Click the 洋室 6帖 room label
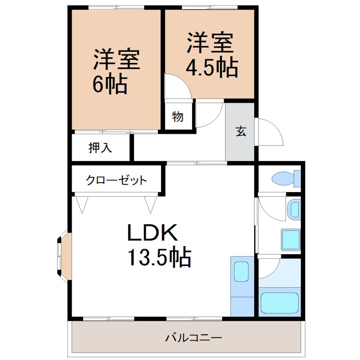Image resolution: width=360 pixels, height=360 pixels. click(x=116, y=71)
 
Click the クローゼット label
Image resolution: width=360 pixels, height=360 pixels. click(x=117, y=181)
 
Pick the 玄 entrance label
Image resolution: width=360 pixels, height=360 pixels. click(x=241, y=132)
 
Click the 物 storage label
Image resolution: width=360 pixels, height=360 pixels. click(x=178, y=117)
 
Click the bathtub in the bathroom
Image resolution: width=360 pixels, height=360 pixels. click(x=279, y=303)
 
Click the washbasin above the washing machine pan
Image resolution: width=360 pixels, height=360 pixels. click(x=294, y=210)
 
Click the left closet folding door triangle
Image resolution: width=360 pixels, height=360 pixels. click(x=82, y=204)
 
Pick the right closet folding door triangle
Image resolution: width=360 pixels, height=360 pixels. click(x=151, y=204)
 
